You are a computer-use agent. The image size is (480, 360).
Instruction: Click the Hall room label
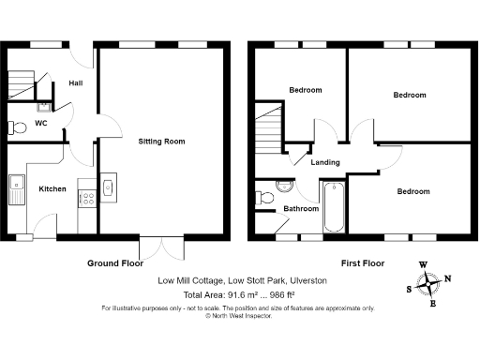coord(76,82)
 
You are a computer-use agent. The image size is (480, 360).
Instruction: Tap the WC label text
coord(41,123)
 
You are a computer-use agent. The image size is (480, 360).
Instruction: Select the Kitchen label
coord(52,189)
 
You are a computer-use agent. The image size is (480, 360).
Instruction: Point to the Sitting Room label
coord(161,142)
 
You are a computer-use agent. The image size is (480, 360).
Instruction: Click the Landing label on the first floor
coord(325,162)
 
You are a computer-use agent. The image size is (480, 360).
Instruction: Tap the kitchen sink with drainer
coord(18,190)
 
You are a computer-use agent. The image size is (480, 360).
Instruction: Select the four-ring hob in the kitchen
coord(85,199)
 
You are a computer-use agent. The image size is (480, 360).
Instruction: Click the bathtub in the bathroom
coord(334,206)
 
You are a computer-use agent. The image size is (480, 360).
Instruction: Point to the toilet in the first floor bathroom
coord(264,198)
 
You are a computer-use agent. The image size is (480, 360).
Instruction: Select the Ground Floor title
coord(115,262)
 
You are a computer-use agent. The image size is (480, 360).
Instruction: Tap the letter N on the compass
coord(447,278)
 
